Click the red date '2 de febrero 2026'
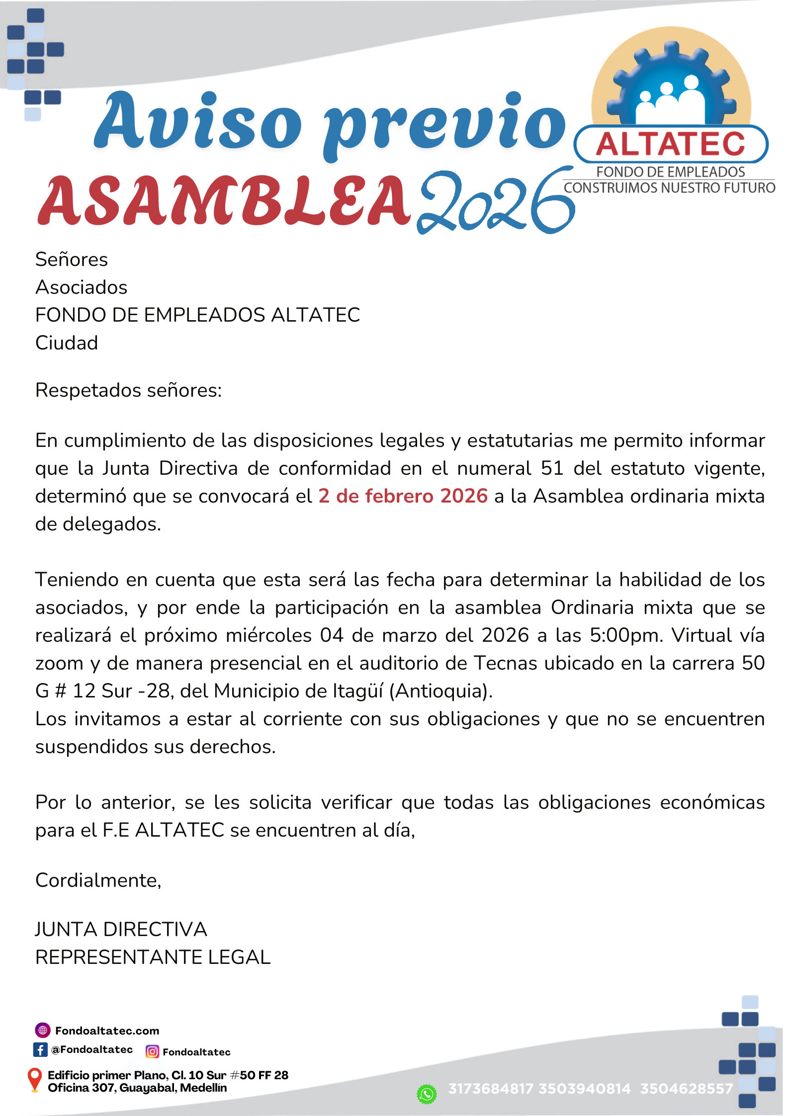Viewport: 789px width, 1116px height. click(403, 496)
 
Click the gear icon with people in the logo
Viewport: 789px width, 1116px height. click(671, 85)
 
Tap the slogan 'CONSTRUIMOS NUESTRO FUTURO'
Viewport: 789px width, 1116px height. click(669, 188)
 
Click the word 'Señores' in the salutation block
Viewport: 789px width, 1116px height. click(72, 259)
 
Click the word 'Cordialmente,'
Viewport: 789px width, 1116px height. click(98, 880)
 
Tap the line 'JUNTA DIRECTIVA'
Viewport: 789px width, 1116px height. click(121, 929)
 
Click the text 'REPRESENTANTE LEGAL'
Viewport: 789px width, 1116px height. click(153, 957)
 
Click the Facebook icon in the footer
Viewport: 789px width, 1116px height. click(40, 1049)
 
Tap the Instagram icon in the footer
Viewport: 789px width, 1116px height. click(152, 1051)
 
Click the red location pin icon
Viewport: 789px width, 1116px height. click(34, 1079)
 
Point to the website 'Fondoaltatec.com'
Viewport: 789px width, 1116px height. click(107, 1030)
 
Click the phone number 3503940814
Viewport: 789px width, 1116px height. click(584, 1089)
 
